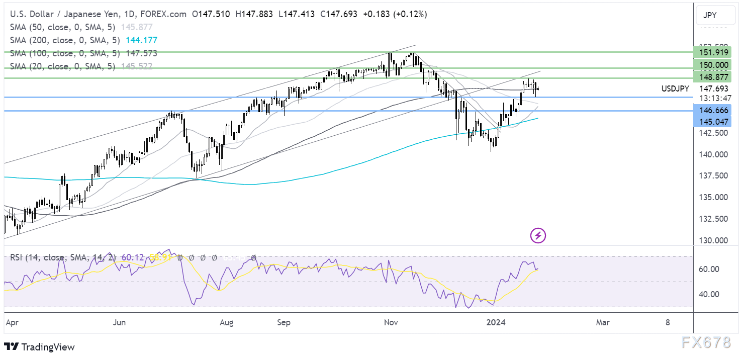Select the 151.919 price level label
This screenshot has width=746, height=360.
click(x=711, y=52)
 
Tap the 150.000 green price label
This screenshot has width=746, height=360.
click(x=711, y=65)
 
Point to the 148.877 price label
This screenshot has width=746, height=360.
click(x=711, y=77)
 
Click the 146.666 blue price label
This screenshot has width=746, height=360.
click(x=711, y=110)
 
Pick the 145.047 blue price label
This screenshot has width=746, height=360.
click(x=711, y=121)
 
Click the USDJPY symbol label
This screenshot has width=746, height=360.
click(x=675, y=89)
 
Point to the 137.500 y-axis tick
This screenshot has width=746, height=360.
click(x=711, y=175)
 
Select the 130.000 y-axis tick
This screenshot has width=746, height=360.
click(x=711, y=240)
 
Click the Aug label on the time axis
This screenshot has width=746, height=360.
click(x=227, y=323)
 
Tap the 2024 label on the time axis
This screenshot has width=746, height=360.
click(x=496, y=323)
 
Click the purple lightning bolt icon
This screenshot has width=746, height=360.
click(x=538, y=235)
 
